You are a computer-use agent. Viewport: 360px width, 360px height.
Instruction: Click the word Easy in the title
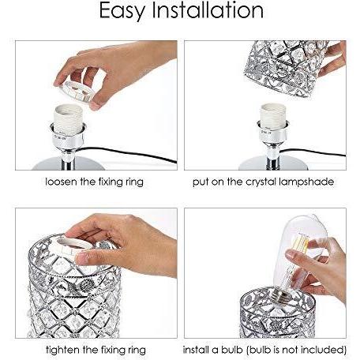pos(122,11)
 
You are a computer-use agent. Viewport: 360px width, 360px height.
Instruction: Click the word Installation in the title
pos(208,10)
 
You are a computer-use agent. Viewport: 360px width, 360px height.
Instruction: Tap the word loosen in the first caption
pos(61,182)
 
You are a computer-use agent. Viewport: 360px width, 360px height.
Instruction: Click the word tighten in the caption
pos(62,350)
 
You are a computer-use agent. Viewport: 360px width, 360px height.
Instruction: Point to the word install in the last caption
pos(197,350)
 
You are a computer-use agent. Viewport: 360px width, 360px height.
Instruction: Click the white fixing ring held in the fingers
pos(77,91)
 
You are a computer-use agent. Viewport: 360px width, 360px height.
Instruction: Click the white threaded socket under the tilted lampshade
pos(273,117)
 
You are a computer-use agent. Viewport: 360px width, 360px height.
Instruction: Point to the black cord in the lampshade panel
pos(313,152)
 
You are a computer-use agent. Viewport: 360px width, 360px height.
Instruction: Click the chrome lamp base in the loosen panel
pos(69,163)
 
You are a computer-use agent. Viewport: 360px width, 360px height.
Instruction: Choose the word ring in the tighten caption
pos(137,351)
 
